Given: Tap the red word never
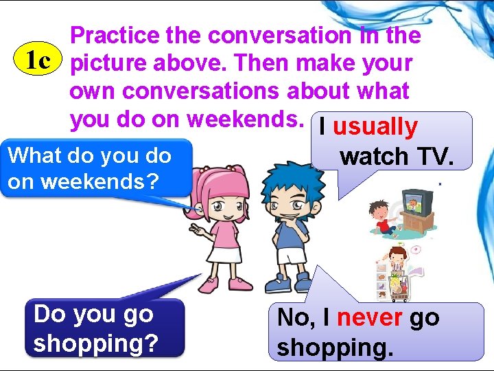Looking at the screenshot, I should click(x=370, y=317).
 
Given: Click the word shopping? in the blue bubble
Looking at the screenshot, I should click(x=95, y=343).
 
